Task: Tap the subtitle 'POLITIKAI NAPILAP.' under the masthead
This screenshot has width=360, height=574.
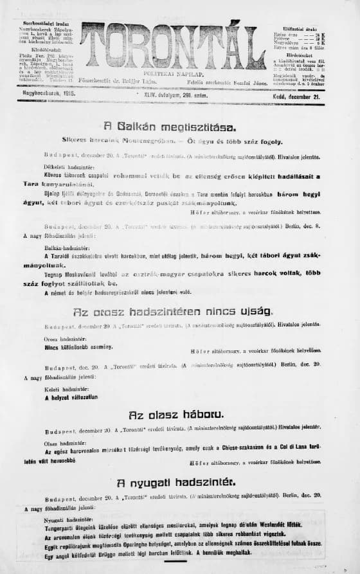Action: pyautogui.click(x=172, y=74)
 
